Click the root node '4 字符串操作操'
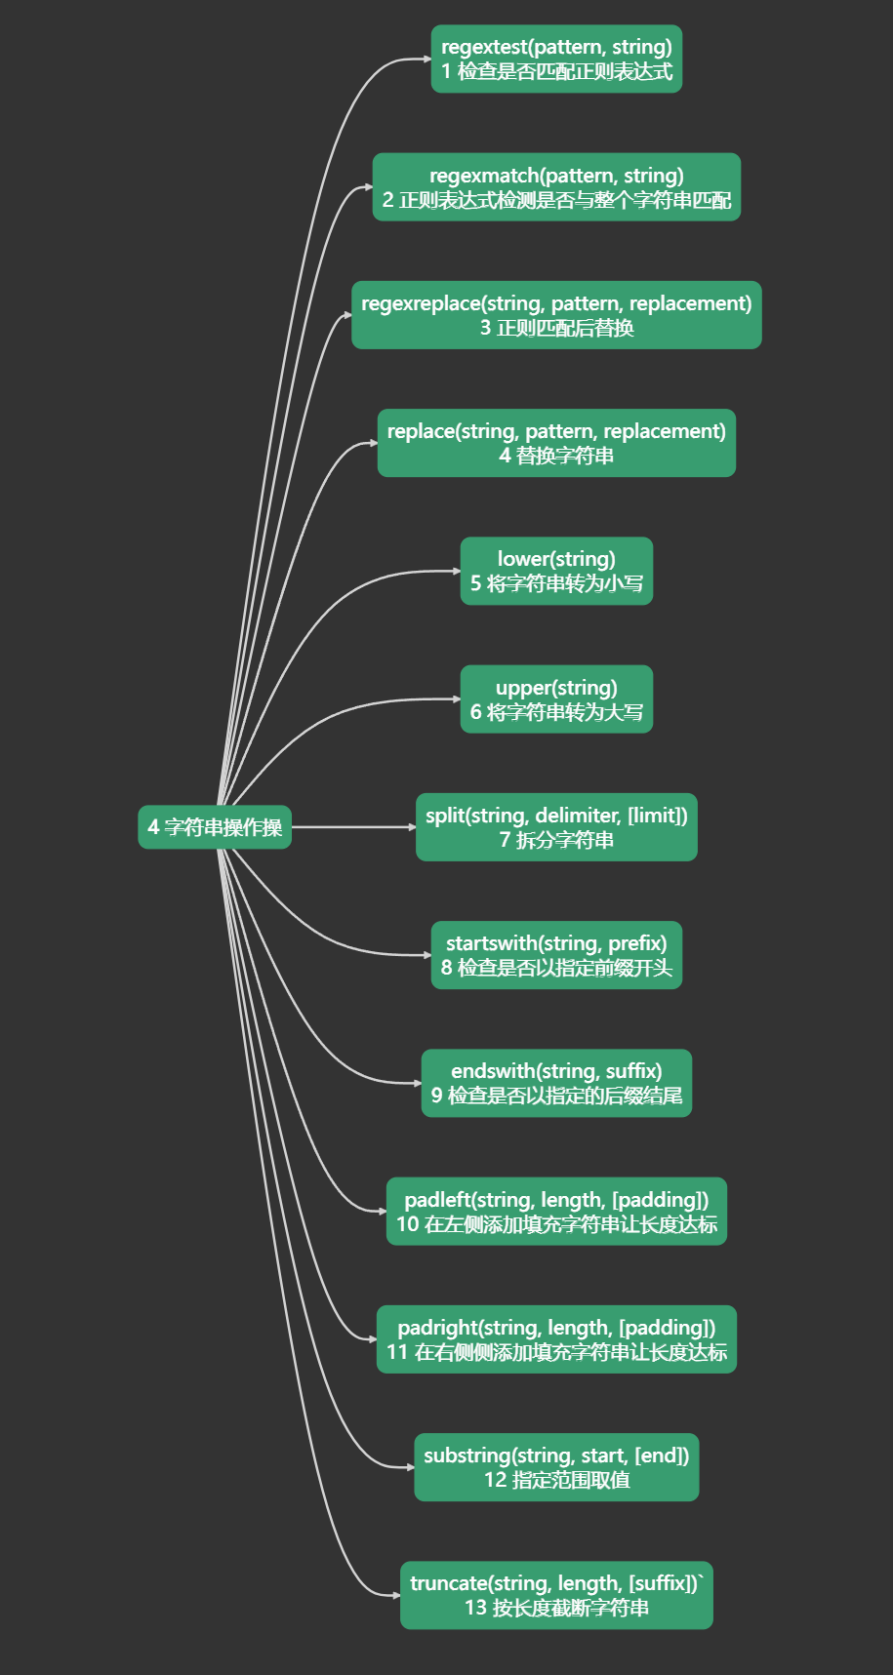(215, 827)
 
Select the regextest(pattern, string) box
(556, 59)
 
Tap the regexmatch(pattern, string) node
(556, 186)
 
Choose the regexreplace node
(556, 314)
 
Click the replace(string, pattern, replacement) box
(556, 443)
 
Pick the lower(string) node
(556, 571)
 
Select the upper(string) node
(556, 698)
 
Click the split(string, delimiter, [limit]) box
(556, 826)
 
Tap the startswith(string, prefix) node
(556, 955)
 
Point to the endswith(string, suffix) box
(556, 1083)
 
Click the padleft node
(556, 1211)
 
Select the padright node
(556, 1338)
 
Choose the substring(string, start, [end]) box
(556, 1466)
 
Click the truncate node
(556, 1595)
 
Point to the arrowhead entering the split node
(412, 827)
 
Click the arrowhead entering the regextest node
(427, 60)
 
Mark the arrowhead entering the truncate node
(396, 1596)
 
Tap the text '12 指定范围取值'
(556, 1480)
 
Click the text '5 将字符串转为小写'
(556, 583)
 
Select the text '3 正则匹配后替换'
(556, 328)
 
